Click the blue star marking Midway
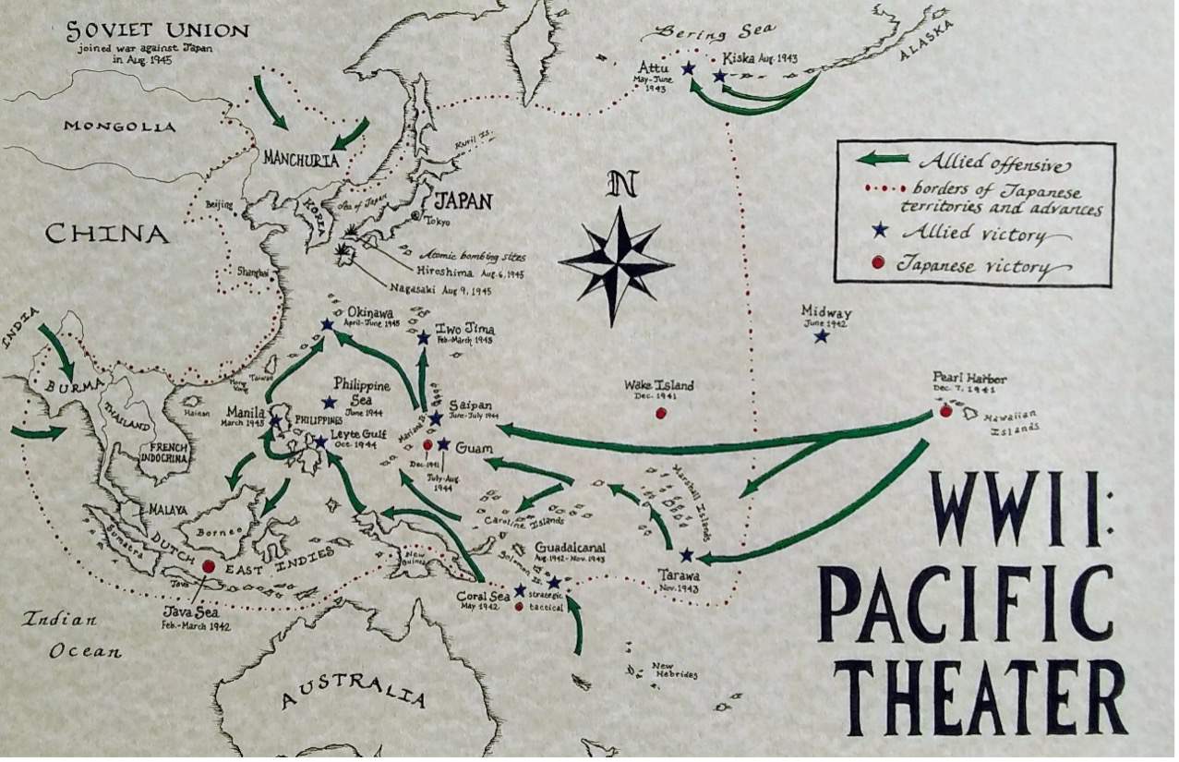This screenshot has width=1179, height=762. click(x=821, y=336)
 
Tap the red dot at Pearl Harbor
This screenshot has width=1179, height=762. click(x=945, y=411)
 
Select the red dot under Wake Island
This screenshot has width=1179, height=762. click(x=660, y=413)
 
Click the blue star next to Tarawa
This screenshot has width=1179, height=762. click(x=686, y=555)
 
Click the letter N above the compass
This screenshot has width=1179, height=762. click(x=622, y=186)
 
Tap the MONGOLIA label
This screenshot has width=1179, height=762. click(x=119, y=126)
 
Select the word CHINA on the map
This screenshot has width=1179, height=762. click(x=107, y=235)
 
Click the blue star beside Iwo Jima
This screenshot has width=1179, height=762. click(x=423, y=338)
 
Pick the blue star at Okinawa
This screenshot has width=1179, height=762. click(x=327, y=325)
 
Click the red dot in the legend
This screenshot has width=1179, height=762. click(x=878, y=263)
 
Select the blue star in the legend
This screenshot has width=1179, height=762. click(x=880, y=229)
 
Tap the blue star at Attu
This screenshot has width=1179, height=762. click(x=688, y=68)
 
